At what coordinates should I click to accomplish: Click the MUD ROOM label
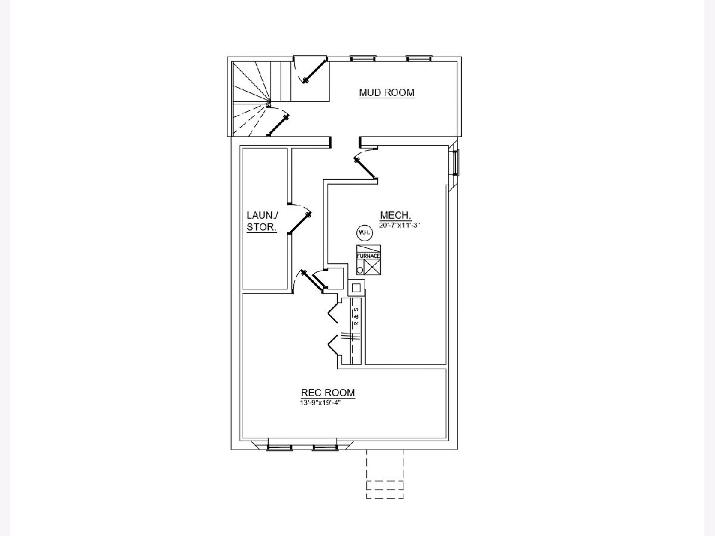click(x=386, y=92)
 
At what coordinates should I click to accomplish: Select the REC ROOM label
click(x=328, y=392)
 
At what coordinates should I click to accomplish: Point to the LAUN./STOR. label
click(x=262, y=221)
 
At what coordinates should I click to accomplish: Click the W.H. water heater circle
click(x=363, y=233)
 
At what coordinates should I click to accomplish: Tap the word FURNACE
click(x=368, y=255)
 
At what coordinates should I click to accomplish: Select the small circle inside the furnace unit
click(x=360, y=270)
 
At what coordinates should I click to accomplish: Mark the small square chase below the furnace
click(x=356, y=288)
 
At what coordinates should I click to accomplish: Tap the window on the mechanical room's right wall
click(x=457, y=161)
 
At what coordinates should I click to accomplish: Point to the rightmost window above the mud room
click(x=418, y=58)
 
